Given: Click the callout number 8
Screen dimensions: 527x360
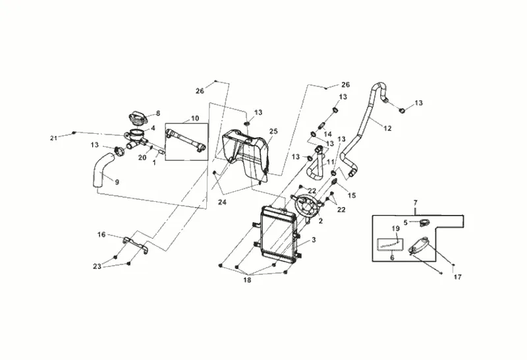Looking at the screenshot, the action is click(x=158, y=113).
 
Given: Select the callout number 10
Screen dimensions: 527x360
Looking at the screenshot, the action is click(x=195, y=119).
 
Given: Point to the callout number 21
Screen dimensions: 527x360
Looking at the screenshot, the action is click(x=54, y=138).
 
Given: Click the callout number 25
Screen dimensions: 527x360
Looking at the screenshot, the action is click(x=273, y=131).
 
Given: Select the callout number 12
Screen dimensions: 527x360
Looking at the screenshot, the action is click(x=387, y=128).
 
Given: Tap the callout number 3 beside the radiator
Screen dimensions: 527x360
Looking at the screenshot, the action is click(x=314, y=240).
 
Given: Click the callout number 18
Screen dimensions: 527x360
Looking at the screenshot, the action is click(x=247, y=280).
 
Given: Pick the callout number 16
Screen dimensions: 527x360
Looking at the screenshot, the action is click(x=101, y=235).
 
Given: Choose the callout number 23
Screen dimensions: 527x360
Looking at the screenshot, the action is click(x=97, y=266).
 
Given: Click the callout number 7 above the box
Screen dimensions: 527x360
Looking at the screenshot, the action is click(x=416, y=202).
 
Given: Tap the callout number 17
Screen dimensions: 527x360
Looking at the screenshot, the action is click(x=458, y=277).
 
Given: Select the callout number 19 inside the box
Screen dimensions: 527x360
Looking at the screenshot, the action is click(x=396, y=228).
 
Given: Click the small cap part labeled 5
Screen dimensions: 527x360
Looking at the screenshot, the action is click(x=424, y=222).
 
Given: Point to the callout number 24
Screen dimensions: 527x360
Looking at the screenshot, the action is click(x=222, y=202).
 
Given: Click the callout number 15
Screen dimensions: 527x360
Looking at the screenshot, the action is click(x=352, y=195).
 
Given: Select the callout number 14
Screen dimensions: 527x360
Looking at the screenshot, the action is click(x=327, y=135).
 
